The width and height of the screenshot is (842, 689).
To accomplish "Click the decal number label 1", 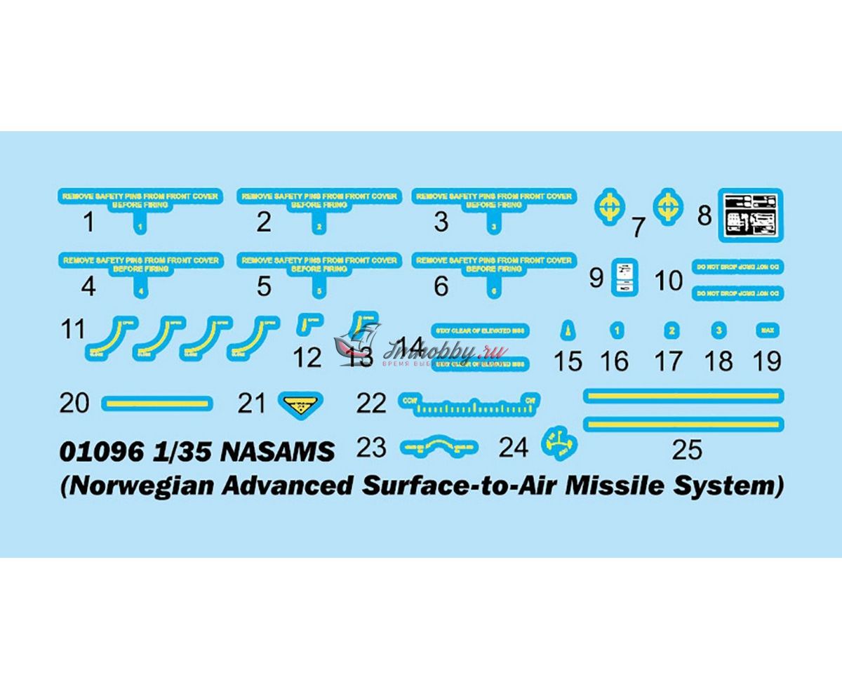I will [x=88, y=222].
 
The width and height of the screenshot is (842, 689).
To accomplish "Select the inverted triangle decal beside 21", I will [x=299, y=403].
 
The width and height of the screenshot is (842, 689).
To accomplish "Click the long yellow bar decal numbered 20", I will [x=157, y=403].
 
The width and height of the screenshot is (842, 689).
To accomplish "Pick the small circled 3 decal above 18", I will [x=718, y=330].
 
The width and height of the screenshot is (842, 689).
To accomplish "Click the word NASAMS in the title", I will [x=278, y=451].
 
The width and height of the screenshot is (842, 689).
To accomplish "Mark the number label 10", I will [x=669, y=280].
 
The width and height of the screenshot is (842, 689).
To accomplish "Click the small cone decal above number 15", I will [x=567, y=330].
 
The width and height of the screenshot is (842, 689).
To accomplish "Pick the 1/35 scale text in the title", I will [x=185, y=451].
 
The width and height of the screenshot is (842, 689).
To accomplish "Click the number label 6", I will [x=441, y=286].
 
